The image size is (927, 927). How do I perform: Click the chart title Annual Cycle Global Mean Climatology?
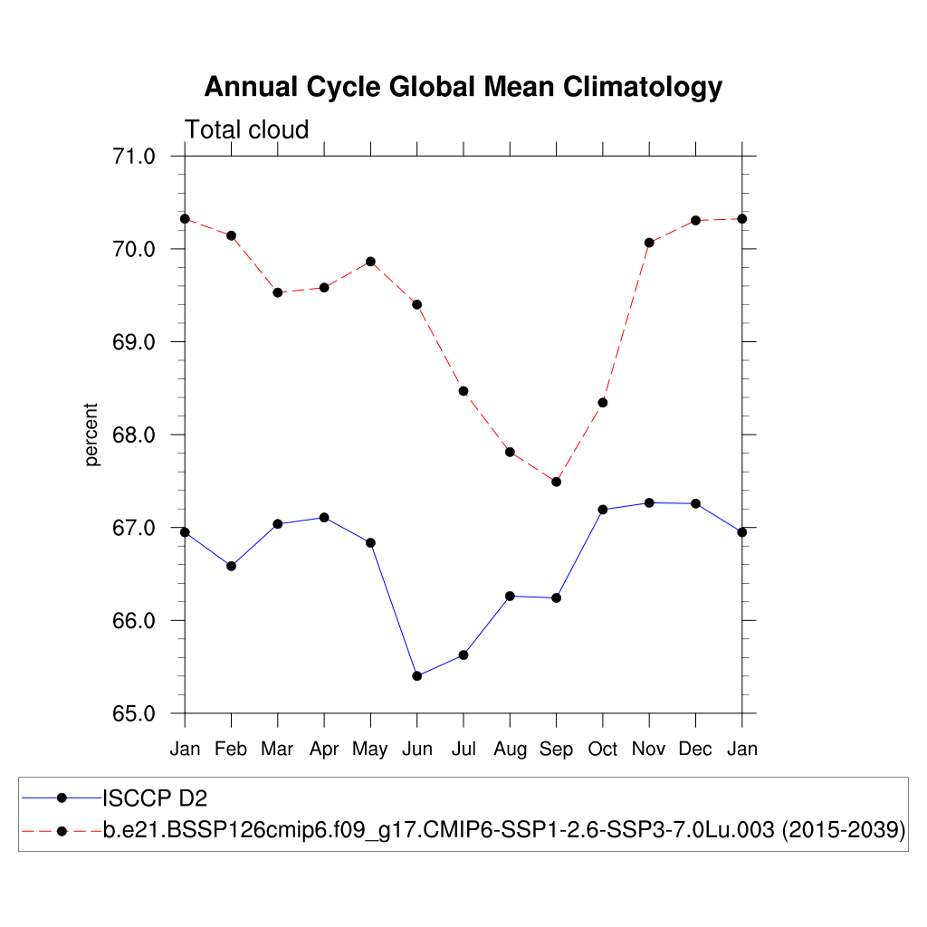pos(463,87)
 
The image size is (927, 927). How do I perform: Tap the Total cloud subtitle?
pos(247,130)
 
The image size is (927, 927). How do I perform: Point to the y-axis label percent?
pos(91,435)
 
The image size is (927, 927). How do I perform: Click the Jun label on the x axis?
pos(416,750)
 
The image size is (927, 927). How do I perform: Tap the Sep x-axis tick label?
pos(556,750)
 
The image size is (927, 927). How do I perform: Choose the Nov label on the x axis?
pos(649,750)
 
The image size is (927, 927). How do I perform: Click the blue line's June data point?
pos(416,676)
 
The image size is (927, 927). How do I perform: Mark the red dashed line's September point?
pos(556,482)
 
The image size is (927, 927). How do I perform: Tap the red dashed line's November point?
pos(649,243)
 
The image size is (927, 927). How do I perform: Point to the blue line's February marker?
pos(231,566)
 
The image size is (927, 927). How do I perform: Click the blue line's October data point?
pos(603,510)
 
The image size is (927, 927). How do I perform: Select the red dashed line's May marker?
pos(370,262)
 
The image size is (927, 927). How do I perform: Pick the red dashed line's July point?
pos(463,391)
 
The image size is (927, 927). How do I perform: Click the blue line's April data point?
pos(324,517)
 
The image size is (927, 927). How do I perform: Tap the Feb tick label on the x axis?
pos(231,750)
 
